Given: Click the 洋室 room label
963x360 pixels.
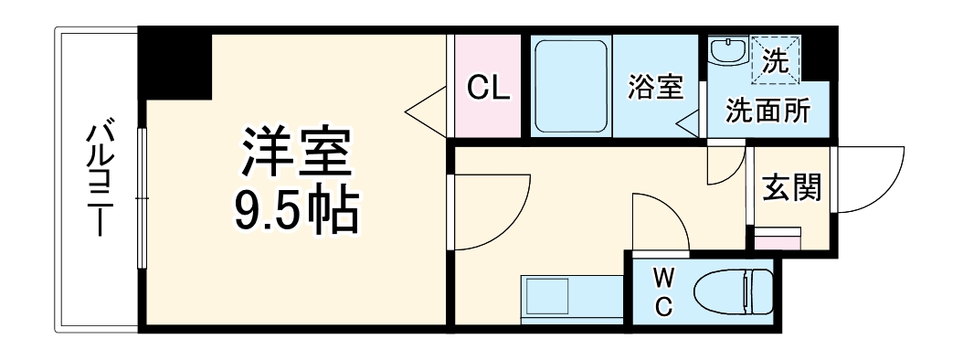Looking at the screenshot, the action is [295, 155].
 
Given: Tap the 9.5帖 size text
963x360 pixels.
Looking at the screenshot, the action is [295, 211].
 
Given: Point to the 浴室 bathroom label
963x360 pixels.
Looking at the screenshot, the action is [654, 88].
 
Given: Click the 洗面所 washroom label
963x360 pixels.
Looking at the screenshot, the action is [767, 111].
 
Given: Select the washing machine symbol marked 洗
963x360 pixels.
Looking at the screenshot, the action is [775, 61].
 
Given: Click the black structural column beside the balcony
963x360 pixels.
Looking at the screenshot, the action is [175, 64].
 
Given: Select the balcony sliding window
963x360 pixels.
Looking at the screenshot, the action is [142, 196].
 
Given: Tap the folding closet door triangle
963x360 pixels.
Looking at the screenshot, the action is [427, 111].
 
